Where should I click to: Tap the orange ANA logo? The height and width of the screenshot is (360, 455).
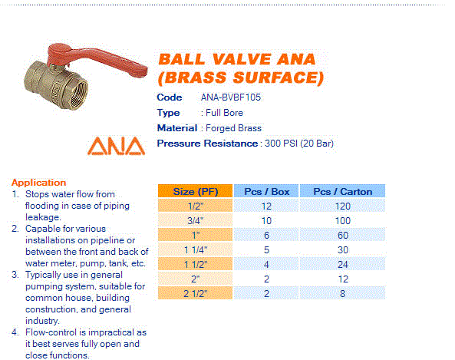pos(115,146)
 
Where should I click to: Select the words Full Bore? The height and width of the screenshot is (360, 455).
pos(224,113)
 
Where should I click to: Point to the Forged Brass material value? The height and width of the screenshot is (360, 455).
pos(231,128)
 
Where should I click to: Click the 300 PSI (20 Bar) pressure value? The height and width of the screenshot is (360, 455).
pos(298,144)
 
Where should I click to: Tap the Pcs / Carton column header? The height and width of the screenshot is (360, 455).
pos(342,191)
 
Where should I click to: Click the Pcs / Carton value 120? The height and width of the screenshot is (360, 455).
pos(342,206)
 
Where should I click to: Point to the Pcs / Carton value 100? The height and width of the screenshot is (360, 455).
pos(342,220)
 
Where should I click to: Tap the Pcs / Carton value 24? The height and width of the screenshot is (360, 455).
pos(342,264)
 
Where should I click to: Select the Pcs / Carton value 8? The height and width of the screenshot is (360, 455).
pos(342,292)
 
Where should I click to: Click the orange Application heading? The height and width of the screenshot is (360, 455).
pos(38,182)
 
